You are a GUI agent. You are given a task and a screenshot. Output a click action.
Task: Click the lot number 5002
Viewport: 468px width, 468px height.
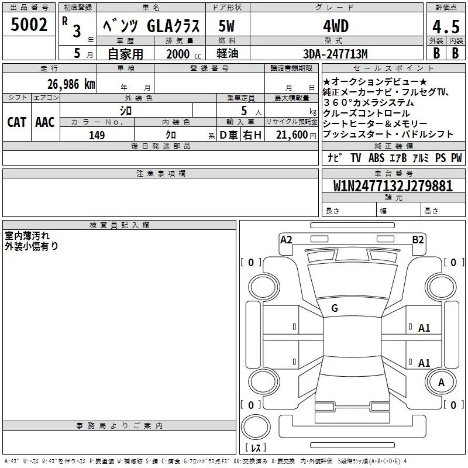point(29,25)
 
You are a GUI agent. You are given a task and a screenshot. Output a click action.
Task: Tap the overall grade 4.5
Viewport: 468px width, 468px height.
point(446,26)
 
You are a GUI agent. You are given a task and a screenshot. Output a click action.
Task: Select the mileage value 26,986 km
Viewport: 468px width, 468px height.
point(71,84)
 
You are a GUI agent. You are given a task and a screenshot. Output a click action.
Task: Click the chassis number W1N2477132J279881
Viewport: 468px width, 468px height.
point(393,185)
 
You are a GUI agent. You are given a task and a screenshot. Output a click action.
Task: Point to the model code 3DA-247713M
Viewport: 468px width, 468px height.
point(335,54)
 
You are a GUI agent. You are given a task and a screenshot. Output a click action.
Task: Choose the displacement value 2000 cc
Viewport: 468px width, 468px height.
point(184,54)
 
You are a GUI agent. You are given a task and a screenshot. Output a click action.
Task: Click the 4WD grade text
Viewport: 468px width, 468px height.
point(336,26)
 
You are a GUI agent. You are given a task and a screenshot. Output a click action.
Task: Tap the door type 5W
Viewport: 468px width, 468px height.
point(226,26)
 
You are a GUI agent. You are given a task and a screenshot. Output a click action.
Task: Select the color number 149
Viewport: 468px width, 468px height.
point(97,135)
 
